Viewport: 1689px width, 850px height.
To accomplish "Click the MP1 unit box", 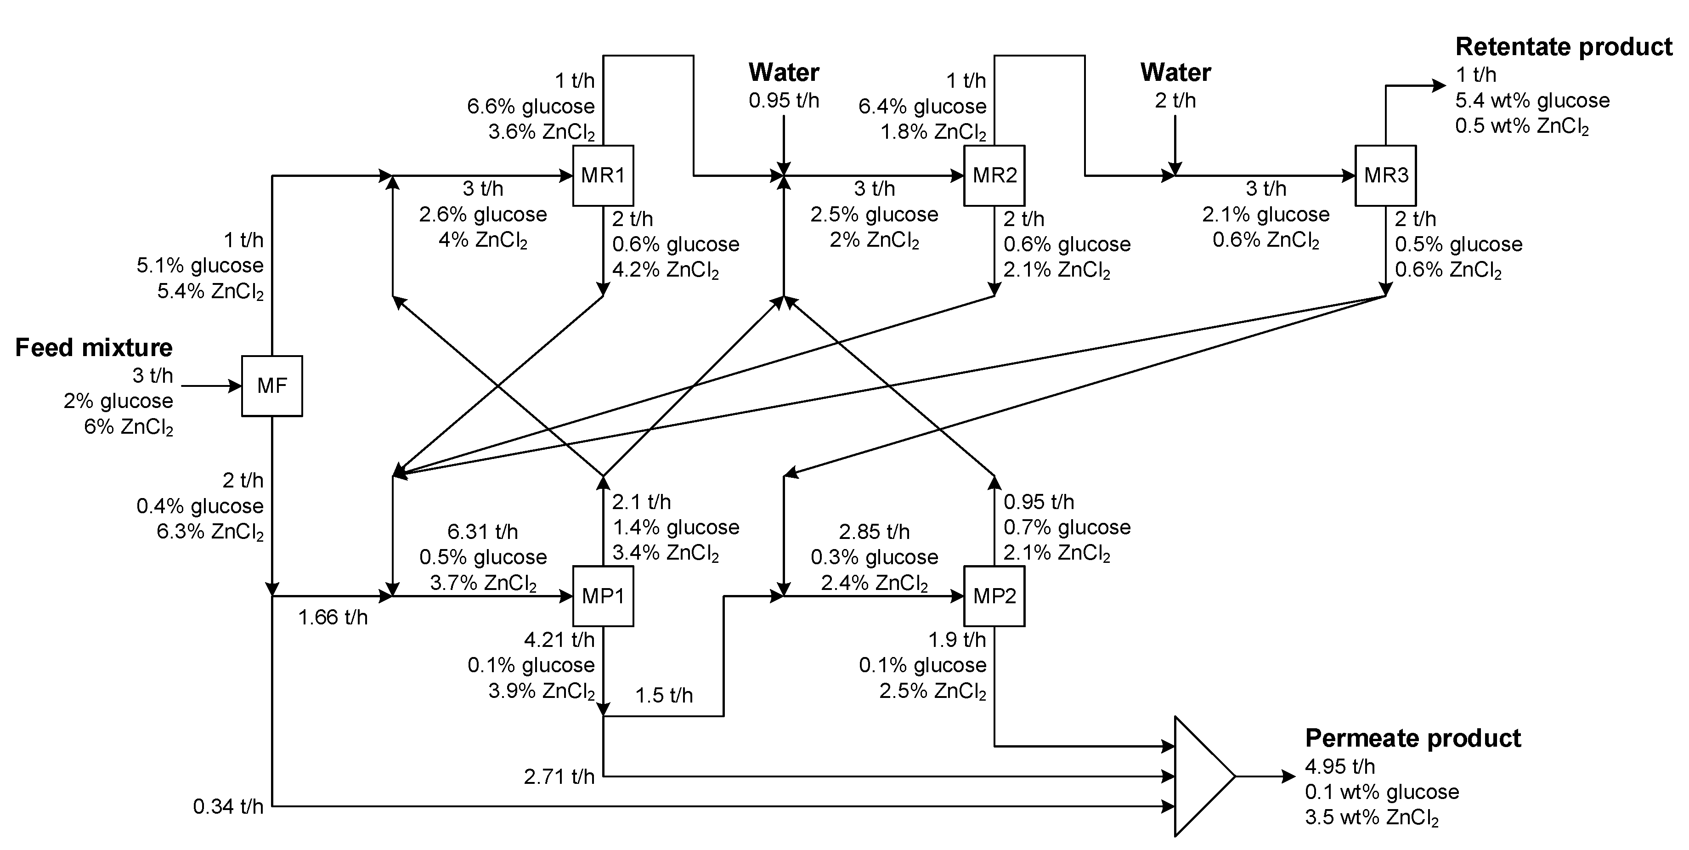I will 603,596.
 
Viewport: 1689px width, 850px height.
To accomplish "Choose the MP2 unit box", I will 994,596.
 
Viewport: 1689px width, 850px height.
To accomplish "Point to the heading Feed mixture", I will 94,348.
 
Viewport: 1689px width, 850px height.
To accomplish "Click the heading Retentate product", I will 1563,47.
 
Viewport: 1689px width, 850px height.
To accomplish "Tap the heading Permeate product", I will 1412,738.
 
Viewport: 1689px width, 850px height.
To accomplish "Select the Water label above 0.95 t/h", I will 784,72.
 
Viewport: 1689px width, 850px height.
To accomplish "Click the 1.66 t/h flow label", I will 333,617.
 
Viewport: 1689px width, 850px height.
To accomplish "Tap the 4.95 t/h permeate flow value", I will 1339,766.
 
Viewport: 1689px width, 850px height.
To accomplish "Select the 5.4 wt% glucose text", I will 1532,100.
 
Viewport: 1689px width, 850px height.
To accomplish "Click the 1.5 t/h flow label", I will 664,695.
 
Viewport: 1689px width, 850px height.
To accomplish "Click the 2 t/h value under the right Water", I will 1175,100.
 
